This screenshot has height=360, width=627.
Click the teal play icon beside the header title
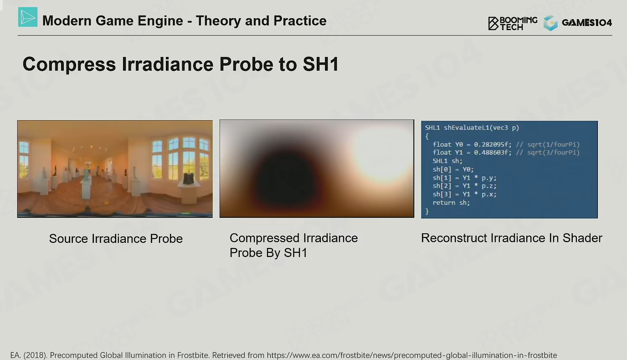(28, 17)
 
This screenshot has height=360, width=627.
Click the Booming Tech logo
(513, 23)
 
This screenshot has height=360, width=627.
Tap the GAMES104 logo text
(587, 23)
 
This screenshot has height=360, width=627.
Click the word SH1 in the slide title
(321, 64)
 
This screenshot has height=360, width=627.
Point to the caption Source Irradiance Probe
(116, 238)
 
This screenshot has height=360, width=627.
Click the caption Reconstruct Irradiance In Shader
(512, 238)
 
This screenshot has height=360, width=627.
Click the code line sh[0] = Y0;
(453, 170)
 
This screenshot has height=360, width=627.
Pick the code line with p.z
(465, 186)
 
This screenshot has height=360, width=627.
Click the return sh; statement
(451, 203)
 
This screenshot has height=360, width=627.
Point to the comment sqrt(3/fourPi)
(553, 153)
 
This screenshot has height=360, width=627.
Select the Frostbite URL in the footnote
(412, 355)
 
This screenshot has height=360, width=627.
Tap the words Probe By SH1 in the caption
(268, 253)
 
